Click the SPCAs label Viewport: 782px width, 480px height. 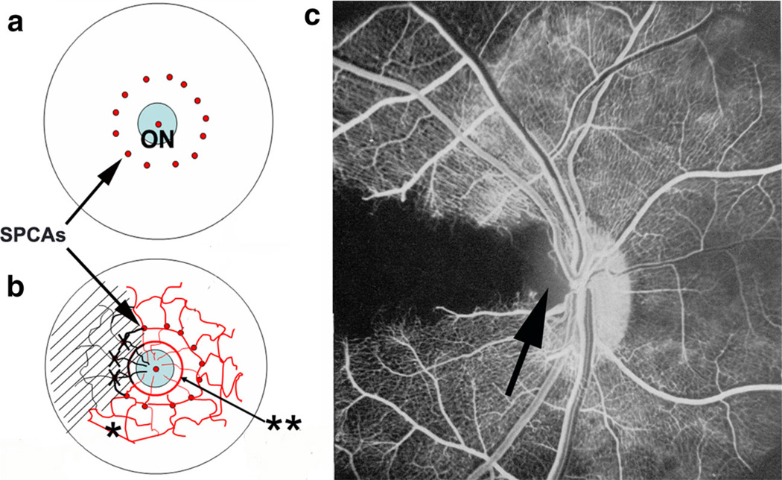coord(35,229)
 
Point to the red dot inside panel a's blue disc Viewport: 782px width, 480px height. coord(158,124)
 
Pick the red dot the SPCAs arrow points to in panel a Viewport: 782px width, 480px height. coord(127,154)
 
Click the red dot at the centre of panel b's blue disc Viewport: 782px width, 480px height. coord(155,369)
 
